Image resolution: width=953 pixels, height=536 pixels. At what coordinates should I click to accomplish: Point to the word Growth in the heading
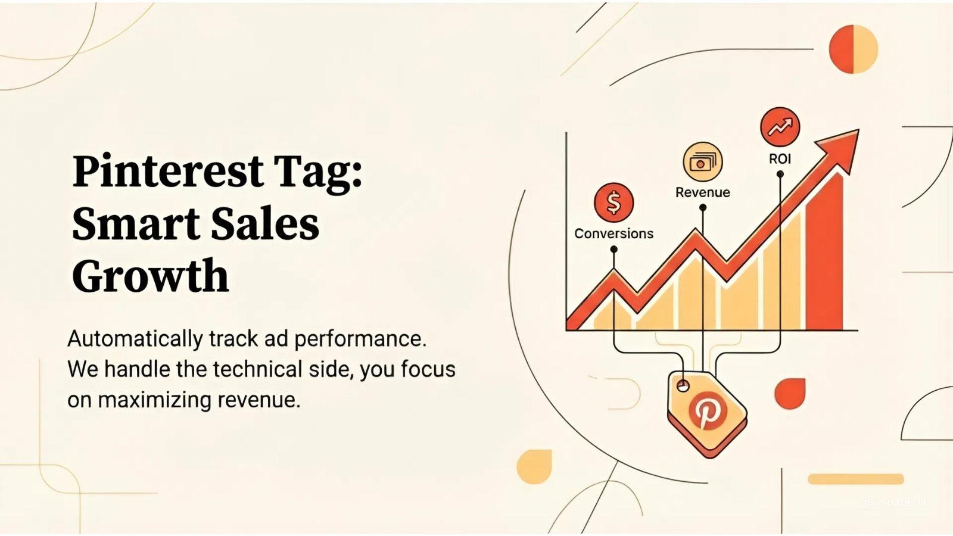[150, 275]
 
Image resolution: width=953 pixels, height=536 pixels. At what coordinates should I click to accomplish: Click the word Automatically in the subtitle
[135, 339]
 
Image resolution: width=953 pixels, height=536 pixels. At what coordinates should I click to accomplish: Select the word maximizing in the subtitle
[154, 400]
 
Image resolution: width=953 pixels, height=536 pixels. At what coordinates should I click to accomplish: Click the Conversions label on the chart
[613, 233]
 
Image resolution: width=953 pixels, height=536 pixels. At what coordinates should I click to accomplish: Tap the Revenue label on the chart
[702, 192]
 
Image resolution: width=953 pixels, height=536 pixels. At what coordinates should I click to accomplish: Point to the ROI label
[780, 159]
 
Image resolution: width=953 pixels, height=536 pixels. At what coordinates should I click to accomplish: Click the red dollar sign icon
[613, 202]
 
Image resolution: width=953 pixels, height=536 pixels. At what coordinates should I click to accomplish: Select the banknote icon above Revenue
[702, 161]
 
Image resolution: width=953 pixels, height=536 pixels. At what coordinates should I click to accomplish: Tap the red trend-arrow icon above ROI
[780, 127]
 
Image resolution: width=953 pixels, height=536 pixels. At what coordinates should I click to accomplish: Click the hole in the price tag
[683, 386]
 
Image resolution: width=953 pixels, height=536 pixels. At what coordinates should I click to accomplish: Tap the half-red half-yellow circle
[854, 49]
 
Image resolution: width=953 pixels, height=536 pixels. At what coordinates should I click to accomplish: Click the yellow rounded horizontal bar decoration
[855, 479]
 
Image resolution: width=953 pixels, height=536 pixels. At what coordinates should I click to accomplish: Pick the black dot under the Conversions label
[613, 250]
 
